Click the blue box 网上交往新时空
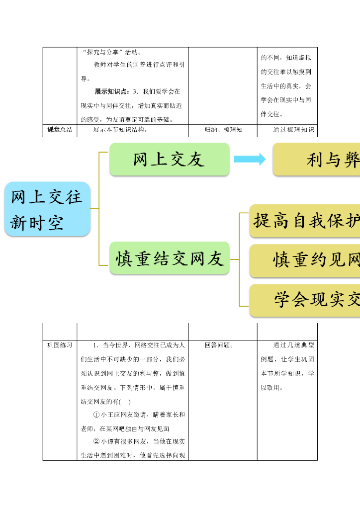47,209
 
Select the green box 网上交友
169,159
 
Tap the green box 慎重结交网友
169,258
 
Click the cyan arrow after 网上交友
250,159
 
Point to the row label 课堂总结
60,130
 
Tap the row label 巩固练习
60,345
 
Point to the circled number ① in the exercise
96,415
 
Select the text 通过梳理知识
293,130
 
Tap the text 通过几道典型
293,345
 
